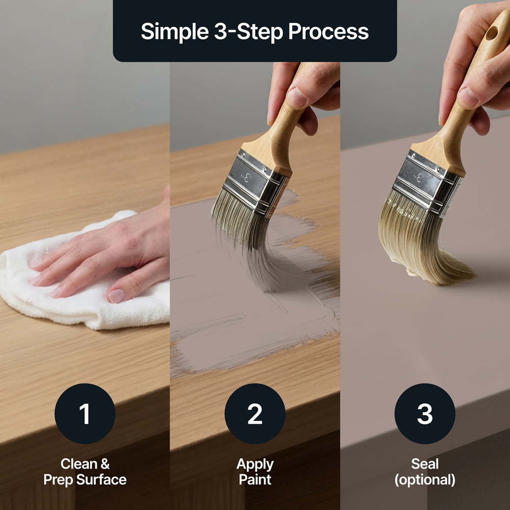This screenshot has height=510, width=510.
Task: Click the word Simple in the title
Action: click(174, 32)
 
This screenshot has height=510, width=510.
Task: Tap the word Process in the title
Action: click(328, 32)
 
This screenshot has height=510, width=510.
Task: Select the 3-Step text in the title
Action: click(248, 32)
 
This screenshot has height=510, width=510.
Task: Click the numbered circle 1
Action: click(85, 414)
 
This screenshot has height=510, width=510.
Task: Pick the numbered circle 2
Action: click(255, 414)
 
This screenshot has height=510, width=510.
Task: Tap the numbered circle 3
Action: click(425, 414)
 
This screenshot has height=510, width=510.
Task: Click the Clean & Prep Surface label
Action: click(85, 472)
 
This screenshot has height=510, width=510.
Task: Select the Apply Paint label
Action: click(255, 472)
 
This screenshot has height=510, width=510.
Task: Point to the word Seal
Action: click(425, 464)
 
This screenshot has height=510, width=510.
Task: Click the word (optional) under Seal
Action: click(425, 480)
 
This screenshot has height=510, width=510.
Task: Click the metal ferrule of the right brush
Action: click(426, 183)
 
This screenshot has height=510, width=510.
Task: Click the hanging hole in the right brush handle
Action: click(492, 33)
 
